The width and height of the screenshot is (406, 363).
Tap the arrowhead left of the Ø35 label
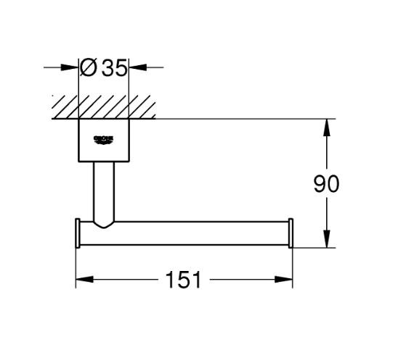coord(73,68)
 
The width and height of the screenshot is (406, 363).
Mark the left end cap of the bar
coord(78,234)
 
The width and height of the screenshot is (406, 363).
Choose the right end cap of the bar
coord(291,234)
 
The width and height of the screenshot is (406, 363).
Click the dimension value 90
coord(326,184)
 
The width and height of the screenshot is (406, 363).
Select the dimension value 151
coord(183,280)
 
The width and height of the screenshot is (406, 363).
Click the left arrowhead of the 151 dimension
coord(81,280)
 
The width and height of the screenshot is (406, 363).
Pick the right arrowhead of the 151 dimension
coord(287,280)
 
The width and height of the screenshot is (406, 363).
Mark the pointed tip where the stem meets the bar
coord(104,226)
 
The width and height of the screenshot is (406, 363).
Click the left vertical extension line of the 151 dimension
coord(76,264)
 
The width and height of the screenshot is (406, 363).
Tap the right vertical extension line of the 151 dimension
coord(293,264)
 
